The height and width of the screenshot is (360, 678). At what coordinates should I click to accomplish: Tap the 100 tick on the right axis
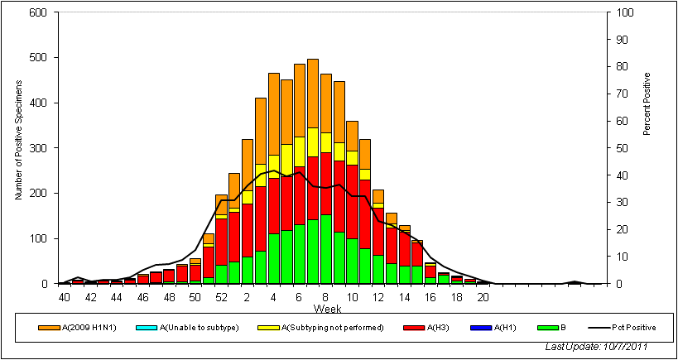tap(619, 13)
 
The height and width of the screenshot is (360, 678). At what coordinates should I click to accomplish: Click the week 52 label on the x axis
tap(221, 297)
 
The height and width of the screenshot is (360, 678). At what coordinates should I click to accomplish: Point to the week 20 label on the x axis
tap(482, 297)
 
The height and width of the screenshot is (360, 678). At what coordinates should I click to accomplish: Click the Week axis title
tap(325, 309)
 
